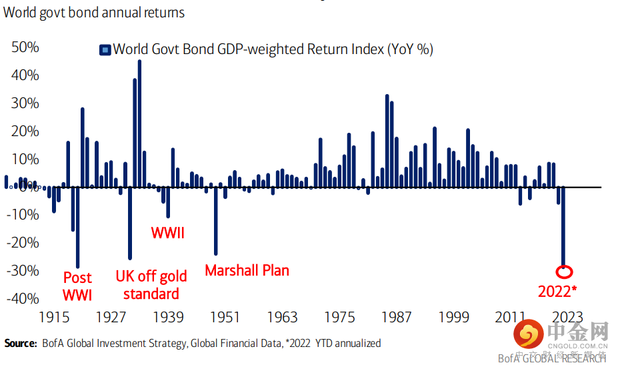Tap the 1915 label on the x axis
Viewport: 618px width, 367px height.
click(x=55, y=317)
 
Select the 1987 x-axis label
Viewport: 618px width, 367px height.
click(x=397, y=317)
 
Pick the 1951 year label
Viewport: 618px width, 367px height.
click(x=226, y=317)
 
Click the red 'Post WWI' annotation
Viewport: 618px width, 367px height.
click(x=77, y=286)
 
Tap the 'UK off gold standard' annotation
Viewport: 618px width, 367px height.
click(x=151, y=285)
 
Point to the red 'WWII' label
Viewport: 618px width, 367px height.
click(x=167, y=234)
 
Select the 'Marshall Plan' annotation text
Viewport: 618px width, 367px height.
click(x=247, y=271)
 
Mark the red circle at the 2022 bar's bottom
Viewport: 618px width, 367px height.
click(x=564, y=272)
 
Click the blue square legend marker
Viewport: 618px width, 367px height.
click(x=105, y=49)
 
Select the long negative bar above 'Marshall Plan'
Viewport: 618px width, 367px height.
click(x=215, y=221)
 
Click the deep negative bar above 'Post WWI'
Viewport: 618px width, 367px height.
click(x=77, y=228)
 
